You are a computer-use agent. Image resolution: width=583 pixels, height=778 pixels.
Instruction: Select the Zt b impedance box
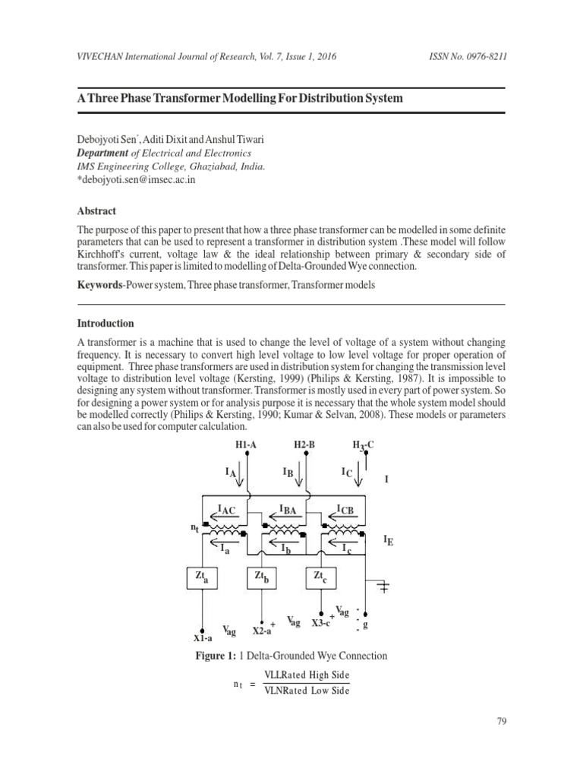(262, 578)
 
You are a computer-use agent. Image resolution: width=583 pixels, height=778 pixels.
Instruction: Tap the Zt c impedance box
(321, 578)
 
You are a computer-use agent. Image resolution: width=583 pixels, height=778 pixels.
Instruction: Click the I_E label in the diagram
(389, 541)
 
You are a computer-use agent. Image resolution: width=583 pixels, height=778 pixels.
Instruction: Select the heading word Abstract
(97, 210)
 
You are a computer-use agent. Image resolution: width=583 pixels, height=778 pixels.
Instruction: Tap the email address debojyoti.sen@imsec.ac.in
(139, 179)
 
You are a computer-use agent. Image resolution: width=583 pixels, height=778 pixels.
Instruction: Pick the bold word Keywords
(103, 284)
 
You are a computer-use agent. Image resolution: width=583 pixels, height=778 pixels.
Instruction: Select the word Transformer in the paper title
(207, 100)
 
